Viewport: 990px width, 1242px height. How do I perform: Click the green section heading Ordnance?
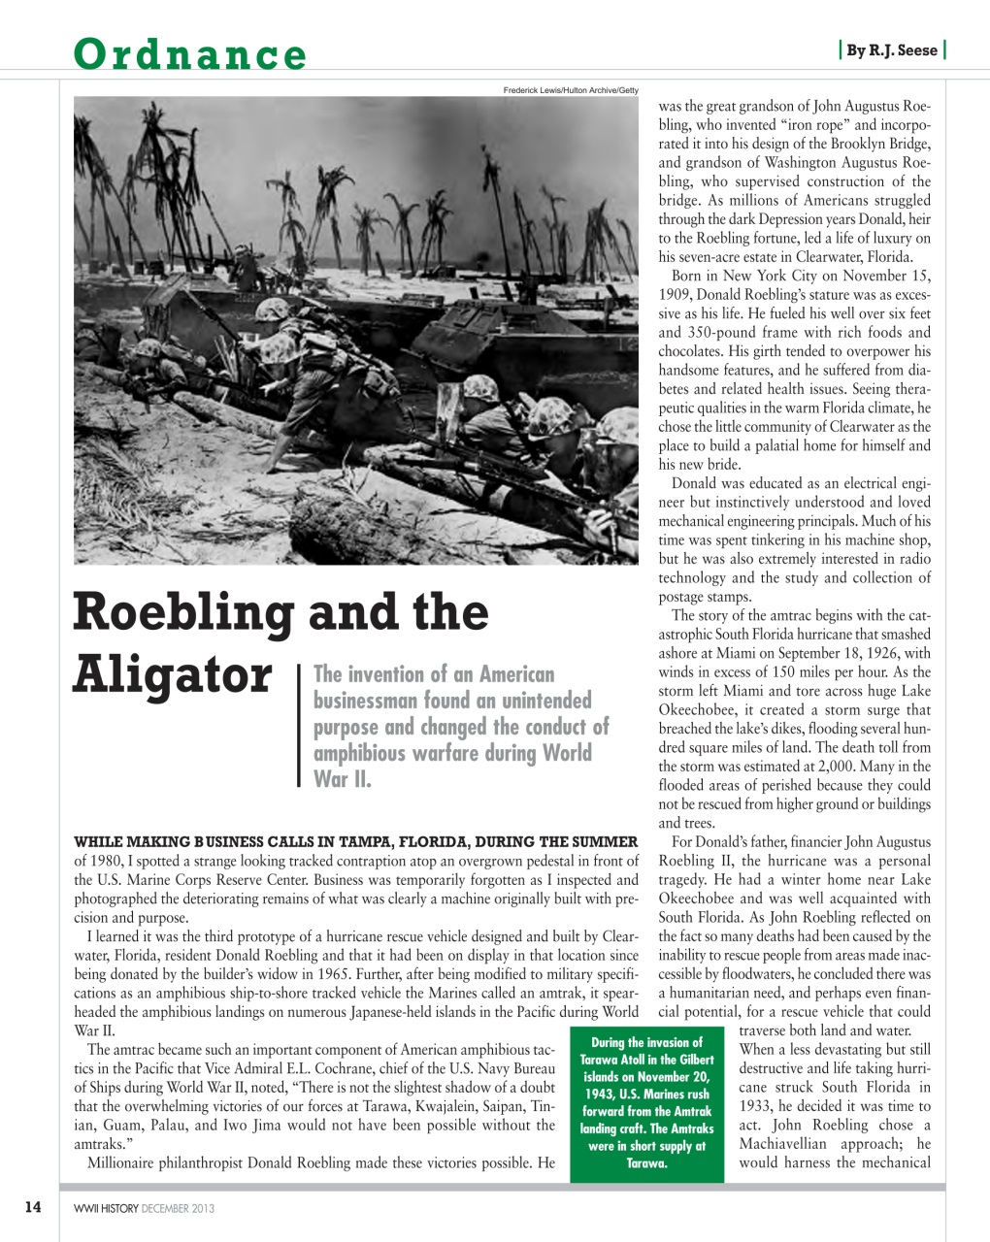(x=190, y=54)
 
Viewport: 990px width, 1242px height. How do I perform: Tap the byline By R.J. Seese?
(x=891, y=50)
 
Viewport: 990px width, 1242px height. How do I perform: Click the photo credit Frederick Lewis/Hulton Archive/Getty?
(x=570, y=90)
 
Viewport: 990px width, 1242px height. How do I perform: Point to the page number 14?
(x=33, y=1207)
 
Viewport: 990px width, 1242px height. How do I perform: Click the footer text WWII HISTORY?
(x=106, y=1208)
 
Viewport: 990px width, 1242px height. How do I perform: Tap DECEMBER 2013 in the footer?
(x=178, y=1208)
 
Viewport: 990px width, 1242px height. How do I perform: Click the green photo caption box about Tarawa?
(x=646, y=1102)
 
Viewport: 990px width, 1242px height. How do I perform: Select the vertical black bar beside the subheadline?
(x=299, y=725)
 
